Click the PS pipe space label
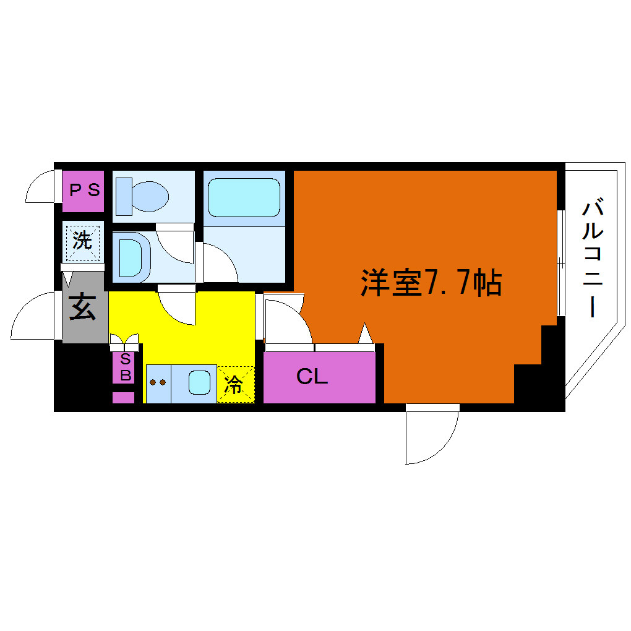[85, 190]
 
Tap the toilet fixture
[142, 196]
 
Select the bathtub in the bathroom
[244, 197]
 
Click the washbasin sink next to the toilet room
[131, 257]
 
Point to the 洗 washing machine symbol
[82, 241]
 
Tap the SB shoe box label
[126, 367]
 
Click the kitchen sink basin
[200, 382]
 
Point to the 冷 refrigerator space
[236, 384]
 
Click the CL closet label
[312, 377]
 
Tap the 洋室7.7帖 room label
[431, 283]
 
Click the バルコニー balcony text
[593, 257]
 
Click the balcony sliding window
[561, 263]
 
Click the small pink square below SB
[123, 397]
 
